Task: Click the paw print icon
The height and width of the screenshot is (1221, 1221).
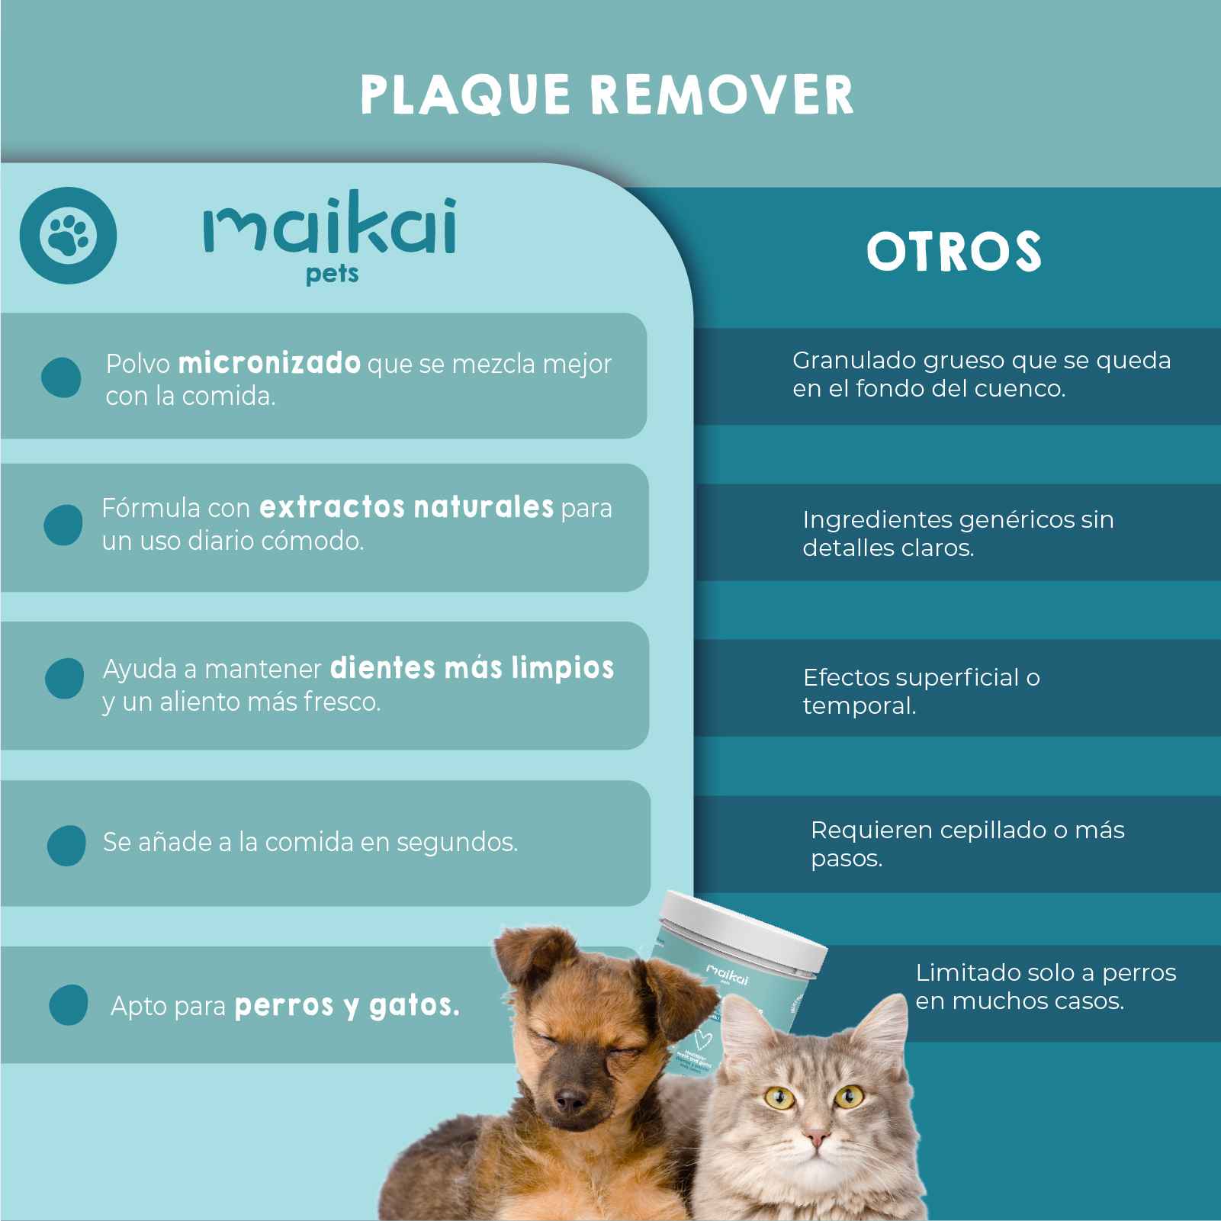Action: [68, 236]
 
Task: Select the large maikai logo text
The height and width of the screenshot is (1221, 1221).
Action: [330, 227]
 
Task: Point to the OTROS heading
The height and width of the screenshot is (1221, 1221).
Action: [953, 252]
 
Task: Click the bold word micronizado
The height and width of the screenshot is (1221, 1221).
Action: [269, 363]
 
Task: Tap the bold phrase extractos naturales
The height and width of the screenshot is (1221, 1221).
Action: [406, 507]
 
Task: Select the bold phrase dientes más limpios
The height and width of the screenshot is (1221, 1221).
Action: [472, 668]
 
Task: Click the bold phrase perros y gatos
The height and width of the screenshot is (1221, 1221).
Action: [347, 1007]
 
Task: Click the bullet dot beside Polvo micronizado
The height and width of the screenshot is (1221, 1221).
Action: [61, 378]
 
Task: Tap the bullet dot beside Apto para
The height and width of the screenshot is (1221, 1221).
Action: [68, 1004]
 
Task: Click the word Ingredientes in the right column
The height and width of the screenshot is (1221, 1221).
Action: [877, 520]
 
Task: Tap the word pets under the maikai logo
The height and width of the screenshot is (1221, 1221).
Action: [332, 275]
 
